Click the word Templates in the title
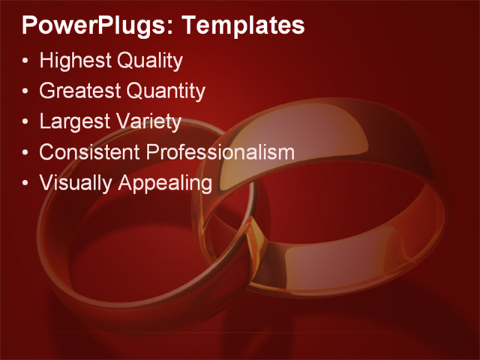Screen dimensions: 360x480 click(x=244, y=26)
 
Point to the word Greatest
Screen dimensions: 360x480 click(x=79, y=91)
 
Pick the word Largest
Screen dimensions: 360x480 click(x=72, y=121)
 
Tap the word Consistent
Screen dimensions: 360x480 click(x=90, y=152)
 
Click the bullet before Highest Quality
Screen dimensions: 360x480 click(x=27, y=61)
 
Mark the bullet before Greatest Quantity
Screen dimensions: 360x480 click(x=27, y=91)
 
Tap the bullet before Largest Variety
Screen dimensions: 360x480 click(x=27, y=122)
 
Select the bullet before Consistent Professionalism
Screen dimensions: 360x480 click(x=27, y=153)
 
